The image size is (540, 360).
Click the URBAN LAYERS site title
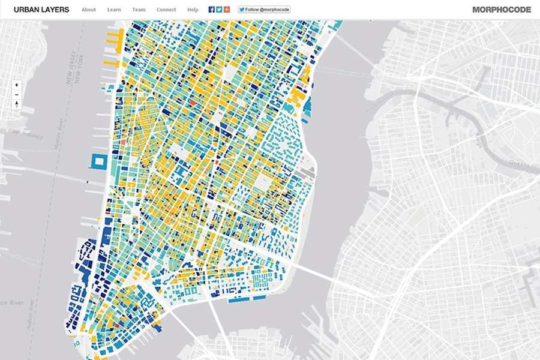[41, 10]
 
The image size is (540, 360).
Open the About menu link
[89, 10]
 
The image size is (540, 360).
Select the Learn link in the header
[114, 10]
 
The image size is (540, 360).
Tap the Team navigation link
[139, 10]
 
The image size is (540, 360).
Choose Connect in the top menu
[166, 10]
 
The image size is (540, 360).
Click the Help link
[193, 10]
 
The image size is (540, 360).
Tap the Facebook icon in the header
[212, 10]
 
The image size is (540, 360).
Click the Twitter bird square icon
[220, 10]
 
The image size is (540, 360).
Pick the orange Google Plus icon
[227, 10]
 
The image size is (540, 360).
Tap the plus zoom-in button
[17, 85]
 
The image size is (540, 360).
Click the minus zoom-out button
[17, 95]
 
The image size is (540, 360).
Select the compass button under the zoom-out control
[17, 105]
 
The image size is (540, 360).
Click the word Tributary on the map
[32, 136]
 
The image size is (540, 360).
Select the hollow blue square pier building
[98, 161]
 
